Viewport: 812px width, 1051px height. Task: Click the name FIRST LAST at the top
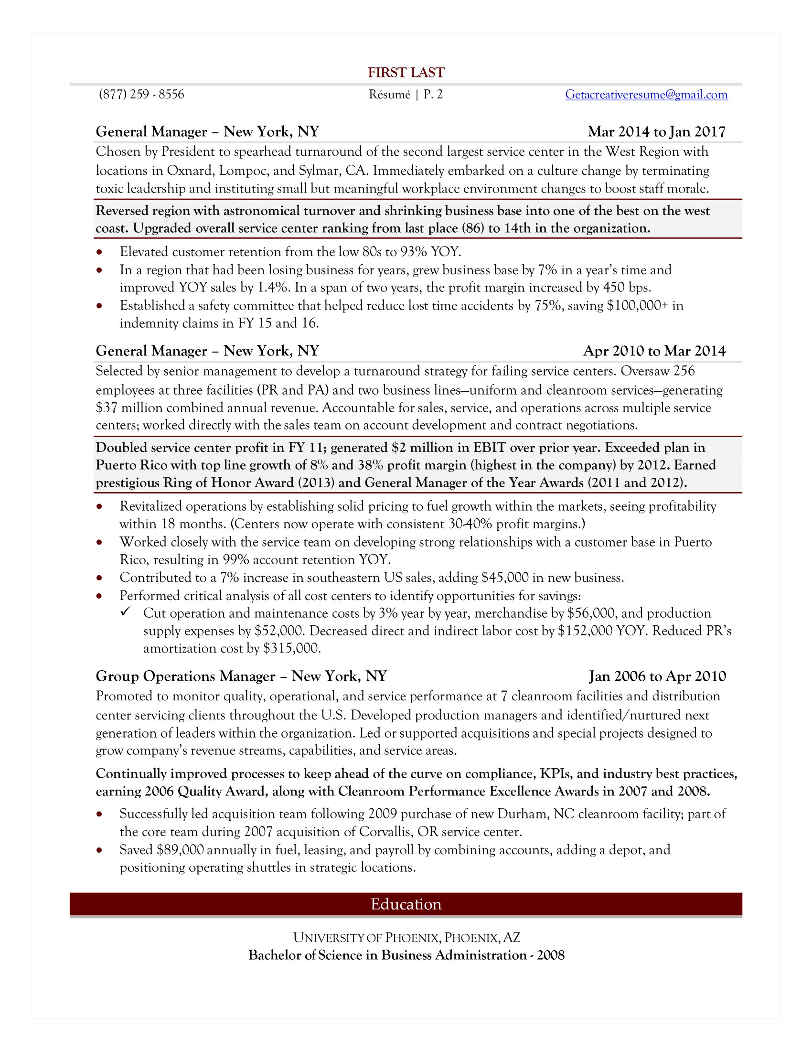click(406, 73)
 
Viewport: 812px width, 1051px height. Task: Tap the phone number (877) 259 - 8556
click(141, 94)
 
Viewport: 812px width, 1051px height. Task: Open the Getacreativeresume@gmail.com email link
click(646, 94)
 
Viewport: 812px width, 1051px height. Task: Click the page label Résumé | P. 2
click(406, 94)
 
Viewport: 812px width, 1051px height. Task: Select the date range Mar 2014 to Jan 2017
click(656, 131)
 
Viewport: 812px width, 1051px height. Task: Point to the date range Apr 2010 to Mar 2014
click(654, 351)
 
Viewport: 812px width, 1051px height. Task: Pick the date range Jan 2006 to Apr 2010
click(657, 676)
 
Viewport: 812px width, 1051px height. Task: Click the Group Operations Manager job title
click(185, 676)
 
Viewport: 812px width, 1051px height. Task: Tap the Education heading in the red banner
click(406, 904)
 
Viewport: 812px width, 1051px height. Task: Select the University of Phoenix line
click(406, 937)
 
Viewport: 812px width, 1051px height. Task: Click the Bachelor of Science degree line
click(406, 955)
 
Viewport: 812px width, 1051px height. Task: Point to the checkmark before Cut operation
click(126, 611)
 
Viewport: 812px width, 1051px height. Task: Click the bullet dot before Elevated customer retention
click(99, 252)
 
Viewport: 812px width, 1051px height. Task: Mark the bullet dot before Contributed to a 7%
click(99, 578)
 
